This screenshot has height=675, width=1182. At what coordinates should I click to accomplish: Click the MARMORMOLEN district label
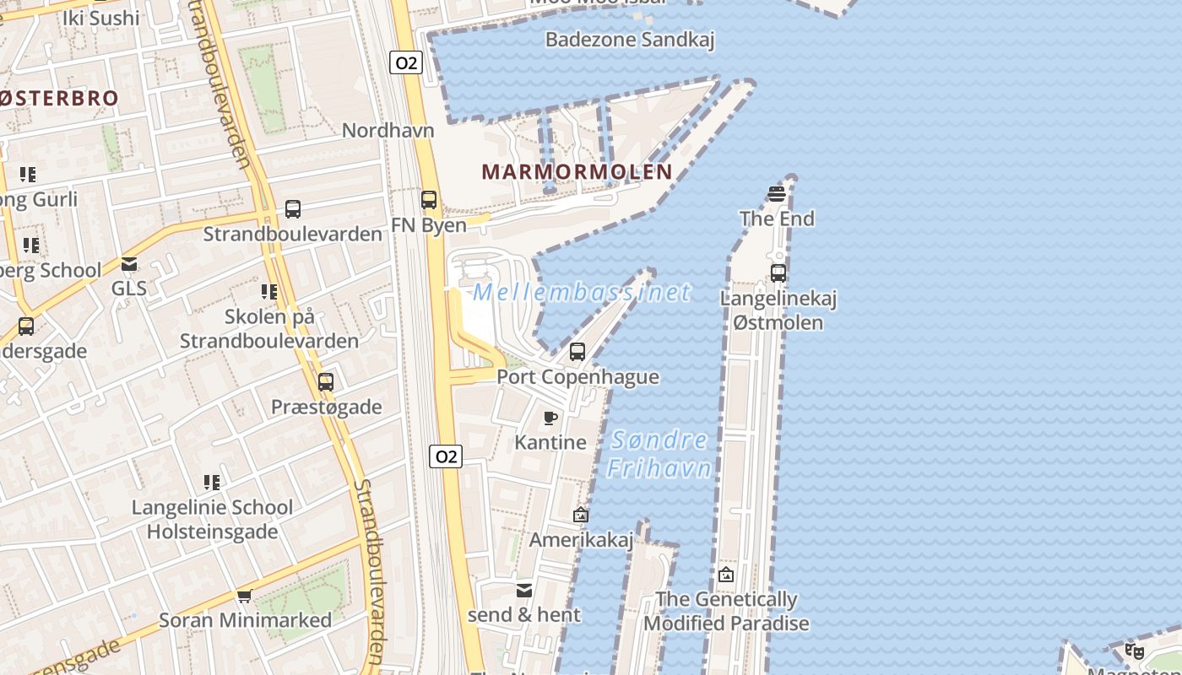pyautogui.click(x=577, y=172)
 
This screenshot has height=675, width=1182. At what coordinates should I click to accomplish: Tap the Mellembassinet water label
pyautogui.click(x=582, y=293)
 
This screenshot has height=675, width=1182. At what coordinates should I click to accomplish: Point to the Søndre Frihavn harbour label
pyautogui.click(x=659, y=454)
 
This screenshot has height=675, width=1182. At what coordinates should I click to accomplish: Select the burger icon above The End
pyautogui.click(x=777, y=195)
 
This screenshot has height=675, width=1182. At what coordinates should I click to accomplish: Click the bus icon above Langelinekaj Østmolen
pyautogui.click(x=778, y=273)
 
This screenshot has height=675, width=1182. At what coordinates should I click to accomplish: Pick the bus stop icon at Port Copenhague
pyautogui.click(x=577, y=352)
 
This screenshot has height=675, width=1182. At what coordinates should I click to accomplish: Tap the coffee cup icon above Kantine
pyautogui.click(x=550, y=418)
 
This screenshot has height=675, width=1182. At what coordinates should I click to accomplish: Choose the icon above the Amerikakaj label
pyautogui.click(x=581, y=514)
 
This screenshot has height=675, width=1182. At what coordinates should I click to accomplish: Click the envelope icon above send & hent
pyautogui.click(x=524, y=590)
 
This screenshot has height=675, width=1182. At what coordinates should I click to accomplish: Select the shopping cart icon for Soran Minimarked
pyautogui.click(x=245, y=596)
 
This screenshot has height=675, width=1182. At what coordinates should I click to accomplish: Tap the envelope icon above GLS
pyautogui.click(x=129, y=264)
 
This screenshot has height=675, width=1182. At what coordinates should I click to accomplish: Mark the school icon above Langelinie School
pyautogui.click(x=212, y=483)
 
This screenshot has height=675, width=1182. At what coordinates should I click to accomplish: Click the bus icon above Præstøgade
pyautogui.click(x=326, y=381)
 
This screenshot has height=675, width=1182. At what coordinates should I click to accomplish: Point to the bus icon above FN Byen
pyautogui.click(x=429, y=200)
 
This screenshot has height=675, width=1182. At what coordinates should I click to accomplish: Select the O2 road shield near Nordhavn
pyautogui.click(x=405, y=62)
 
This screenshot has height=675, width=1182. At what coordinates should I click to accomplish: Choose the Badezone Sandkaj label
pyautogui.click(x=630, y=40)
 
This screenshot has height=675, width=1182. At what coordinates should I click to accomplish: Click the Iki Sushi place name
pyautogui.click(x=101, y=18)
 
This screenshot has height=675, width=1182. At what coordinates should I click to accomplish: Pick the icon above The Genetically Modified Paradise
pyautogui.click(x=726, y=575)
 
